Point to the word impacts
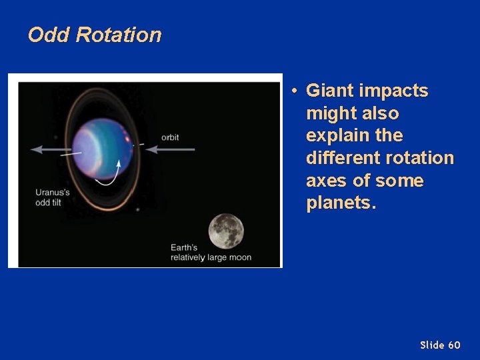coord(393,91)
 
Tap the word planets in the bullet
coord(341,203)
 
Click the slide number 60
coord(454,345)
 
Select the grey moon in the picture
coord(226,231)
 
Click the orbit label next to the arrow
coord(170,138)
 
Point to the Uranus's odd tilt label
coord(53,197)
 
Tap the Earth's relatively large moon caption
coord(211,253)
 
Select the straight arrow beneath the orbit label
coord(171,149)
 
